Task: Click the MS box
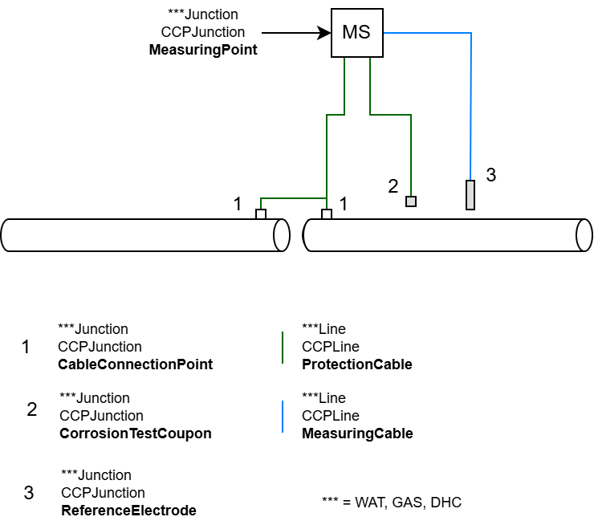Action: coord(356,33)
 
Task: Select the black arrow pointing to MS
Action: coord(297,33)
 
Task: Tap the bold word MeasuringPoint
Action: coord(203,50)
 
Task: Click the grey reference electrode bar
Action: coord(470,194)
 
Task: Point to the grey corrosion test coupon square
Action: coord(411,201)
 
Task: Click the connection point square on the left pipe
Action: coord(260,214)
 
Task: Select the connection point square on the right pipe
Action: coord(327,214)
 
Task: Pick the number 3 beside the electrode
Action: coord(491,174)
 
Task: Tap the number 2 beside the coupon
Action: coord(393,186)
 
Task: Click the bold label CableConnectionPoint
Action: coord(135,364)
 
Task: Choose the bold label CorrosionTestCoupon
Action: coord(136,433)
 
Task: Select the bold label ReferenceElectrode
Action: coord(128,511)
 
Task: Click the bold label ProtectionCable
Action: coord(356,364)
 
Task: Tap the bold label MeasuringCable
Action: coord(357,433)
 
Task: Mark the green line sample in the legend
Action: coord(283,347)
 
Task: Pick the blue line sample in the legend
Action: coord(283,416)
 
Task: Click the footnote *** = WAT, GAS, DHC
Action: coord(391,503)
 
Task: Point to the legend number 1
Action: coord(26,348)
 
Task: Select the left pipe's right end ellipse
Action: coord(281,234)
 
